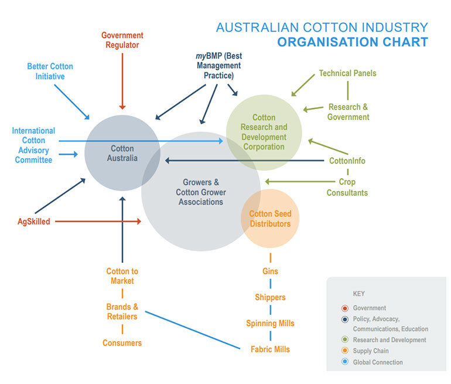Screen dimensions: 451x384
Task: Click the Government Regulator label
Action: [122, 40]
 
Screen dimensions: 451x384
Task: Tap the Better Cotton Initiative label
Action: [50, 72]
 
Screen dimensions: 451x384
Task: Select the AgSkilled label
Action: [33, 222]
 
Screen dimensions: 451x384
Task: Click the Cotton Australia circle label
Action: [122, 153]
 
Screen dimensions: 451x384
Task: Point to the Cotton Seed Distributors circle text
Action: [270, 219]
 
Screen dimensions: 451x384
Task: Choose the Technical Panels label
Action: [347, 73]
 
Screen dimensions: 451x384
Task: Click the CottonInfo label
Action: [347, 161]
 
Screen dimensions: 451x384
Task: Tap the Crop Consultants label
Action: [347, 188]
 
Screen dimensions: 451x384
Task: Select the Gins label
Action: [270, 271]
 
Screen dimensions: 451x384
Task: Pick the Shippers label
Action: [270, 297]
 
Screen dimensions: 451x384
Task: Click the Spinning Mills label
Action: [270, 323]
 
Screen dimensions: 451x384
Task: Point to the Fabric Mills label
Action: [270, 349]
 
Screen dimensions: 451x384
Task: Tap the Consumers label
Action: [122, 343]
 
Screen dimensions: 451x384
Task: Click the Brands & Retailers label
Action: [122, 311]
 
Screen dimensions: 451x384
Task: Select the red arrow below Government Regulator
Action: [122, 81]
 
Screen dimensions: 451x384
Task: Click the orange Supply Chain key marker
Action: [345, 351]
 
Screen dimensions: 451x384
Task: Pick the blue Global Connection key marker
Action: [345, 362]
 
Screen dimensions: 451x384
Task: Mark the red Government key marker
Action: [345, 308]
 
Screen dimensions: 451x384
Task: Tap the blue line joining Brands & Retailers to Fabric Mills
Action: [193, 330]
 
